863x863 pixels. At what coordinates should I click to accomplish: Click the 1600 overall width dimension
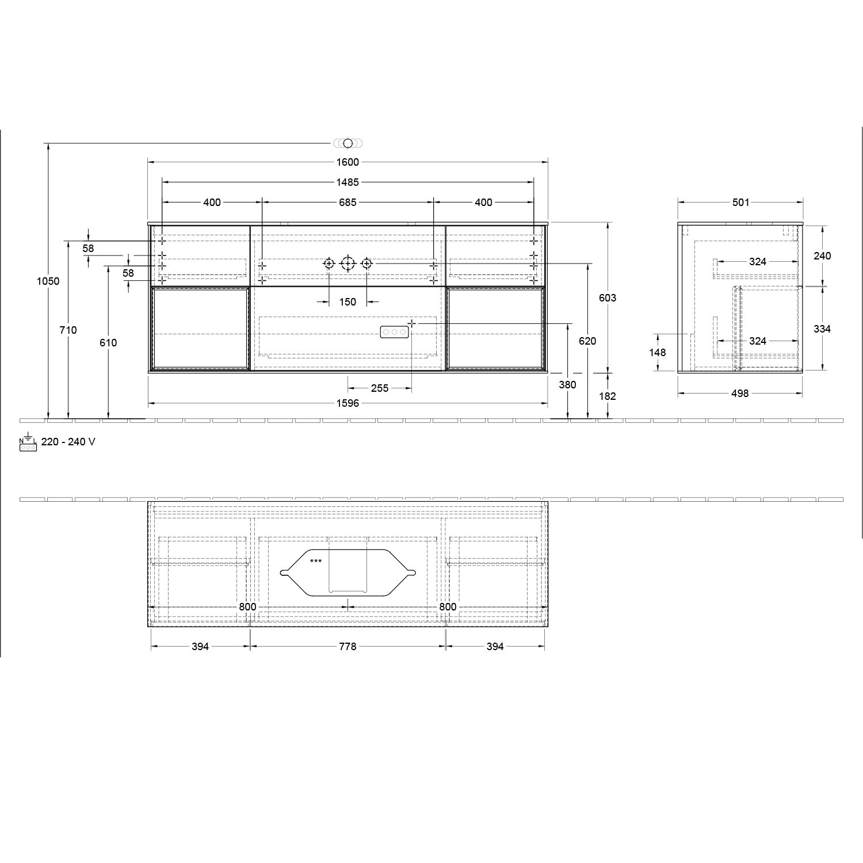348,162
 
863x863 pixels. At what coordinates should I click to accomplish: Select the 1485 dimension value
348,182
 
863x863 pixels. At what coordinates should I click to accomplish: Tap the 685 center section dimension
348,203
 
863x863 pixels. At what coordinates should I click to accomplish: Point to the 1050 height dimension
48,281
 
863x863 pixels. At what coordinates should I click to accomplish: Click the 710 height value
68,330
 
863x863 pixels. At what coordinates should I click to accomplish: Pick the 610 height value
108,343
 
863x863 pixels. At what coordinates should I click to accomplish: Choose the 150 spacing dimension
348,302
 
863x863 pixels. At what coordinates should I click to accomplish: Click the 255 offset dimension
380,388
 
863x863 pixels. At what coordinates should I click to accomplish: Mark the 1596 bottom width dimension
348,403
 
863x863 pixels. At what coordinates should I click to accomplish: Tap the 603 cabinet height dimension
608,298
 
